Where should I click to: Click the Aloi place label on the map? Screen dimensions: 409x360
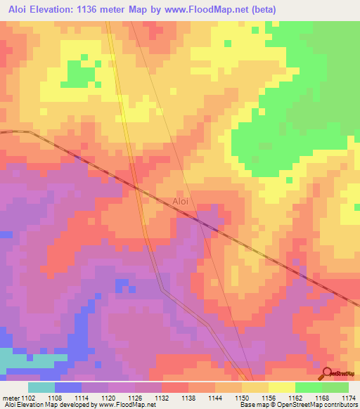(181, 202)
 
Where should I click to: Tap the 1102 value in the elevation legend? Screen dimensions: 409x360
(27, 397)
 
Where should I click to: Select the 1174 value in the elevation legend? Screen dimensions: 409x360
(349, 397)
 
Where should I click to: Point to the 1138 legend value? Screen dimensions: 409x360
(188, 397)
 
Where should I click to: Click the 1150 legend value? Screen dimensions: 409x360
(242, 397)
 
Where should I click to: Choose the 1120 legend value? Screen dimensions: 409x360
(108, 397)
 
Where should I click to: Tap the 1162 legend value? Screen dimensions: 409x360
(296, 397)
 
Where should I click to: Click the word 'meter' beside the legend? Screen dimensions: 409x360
(10, 397)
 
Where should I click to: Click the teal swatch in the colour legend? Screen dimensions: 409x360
(41, 387)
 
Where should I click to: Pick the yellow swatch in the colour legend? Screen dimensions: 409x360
(282, 387)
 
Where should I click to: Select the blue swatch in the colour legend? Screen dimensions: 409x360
(68, 387)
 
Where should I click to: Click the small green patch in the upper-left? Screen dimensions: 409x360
(74, 73)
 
